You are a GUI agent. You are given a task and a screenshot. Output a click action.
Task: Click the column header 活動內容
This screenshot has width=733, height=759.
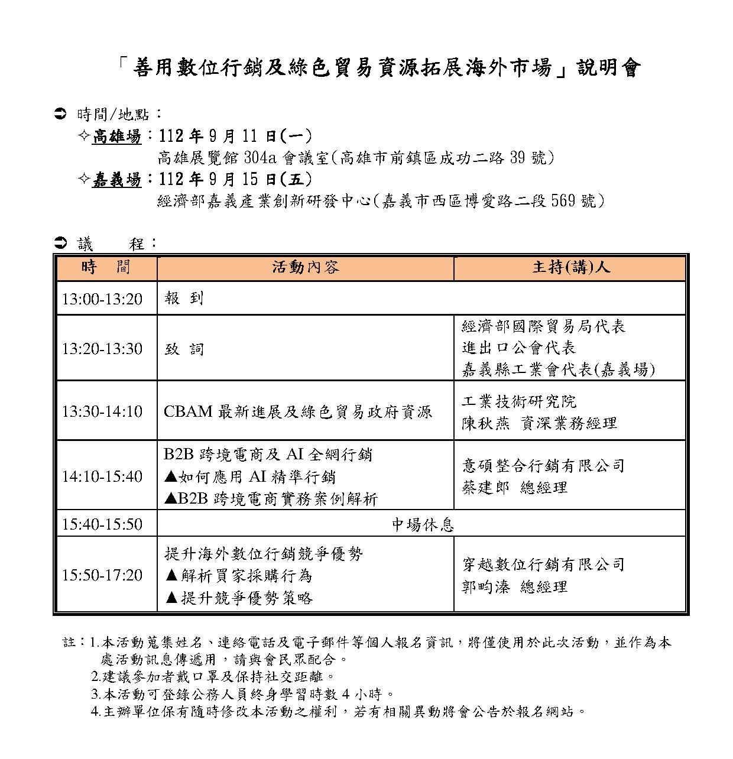pyautogui.click(x=305, y=267)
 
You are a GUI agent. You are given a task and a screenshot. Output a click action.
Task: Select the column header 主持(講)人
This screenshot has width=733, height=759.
pyautogui.click(x=570, y=267)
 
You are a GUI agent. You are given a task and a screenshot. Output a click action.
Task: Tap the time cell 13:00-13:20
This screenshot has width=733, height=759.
pyautogui.click(x=102, y=299)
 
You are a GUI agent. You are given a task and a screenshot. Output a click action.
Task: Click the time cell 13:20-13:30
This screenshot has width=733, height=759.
pyautogui.click(x=102, y=349)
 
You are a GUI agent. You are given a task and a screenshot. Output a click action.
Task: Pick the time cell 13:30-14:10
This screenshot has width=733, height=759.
pyautogui.click(x=102, y=411)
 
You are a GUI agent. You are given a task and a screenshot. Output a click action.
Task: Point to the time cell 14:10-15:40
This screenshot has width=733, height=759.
pyautogui.click(x=102, y=476)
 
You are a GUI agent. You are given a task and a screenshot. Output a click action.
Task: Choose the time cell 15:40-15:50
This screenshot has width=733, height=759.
pyautogui.click(x=102, y=524)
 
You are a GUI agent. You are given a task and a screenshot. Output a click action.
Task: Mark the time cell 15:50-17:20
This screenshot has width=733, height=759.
pyautogui.click(x=102, y=575)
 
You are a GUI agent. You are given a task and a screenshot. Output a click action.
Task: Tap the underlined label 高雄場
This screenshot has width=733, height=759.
pyautogui.click(x=117, y=137)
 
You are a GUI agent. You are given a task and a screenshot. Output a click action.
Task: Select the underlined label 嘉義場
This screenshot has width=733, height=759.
pyautogui.click(x=117, y=180)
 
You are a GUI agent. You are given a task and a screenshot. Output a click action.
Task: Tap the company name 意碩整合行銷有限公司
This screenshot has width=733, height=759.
pyautogui.click(x=543, y=466)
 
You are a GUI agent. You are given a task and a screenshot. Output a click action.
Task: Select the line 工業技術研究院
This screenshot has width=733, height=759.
pyautogui.click(x=518, y=402)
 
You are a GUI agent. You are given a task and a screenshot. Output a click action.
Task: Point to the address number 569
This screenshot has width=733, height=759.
pyautogui.click(x=562, y=201)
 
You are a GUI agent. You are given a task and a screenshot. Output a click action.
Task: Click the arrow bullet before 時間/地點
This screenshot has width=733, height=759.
pyautogui.click(x=60, y=112)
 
